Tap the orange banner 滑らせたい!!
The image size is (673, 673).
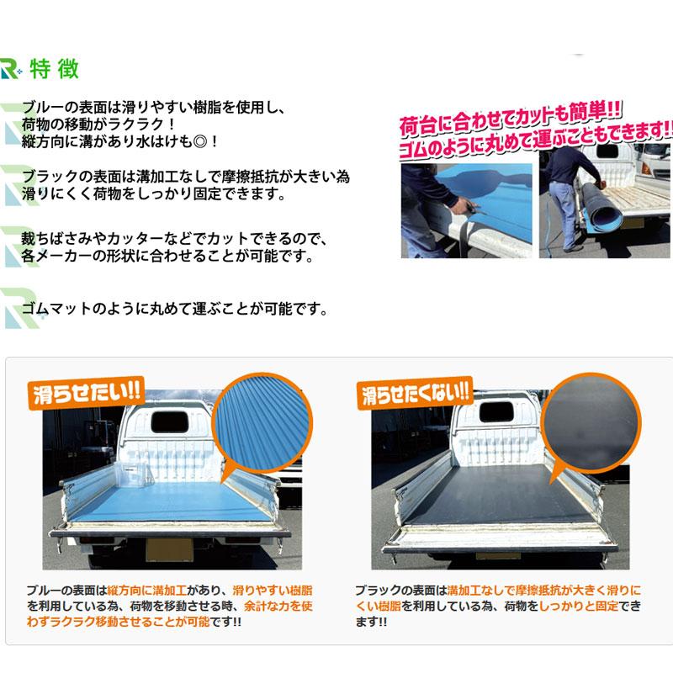click(87, 394)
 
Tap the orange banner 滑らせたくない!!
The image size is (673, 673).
click(415, 393)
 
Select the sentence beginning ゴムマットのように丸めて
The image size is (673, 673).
click(174, 310)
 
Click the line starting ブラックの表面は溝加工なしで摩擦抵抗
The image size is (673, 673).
click(185, 178)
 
